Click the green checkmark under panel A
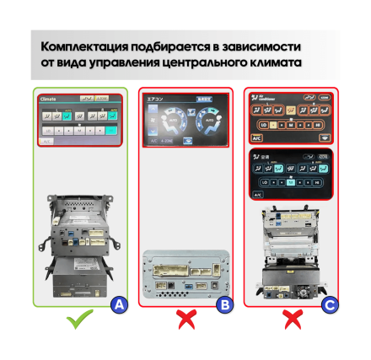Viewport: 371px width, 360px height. tap(79, 320)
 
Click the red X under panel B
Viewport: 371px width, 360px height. tap(186, 320)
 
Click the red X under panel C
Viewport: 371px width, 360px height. tap(292, 320)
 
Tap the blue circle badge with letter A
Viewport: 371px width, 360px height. tap(120, 304)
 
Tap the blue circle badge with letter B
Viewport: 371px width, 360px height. tap(224, 304)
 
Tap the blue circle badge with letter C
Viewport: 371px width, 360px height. tap(330, 304)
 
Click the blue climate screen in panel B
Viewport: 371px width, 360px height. tap(186, 121)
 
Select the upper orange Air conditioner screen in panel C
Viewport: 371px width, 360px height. tap(291, 118)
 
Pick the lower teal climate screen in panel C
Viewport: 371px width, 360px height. tap(291, 175)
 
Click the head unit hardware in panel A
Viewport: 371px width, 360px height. tap(79, 244)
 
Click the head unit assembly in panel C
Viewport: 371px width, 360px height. tap(291, 253)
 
